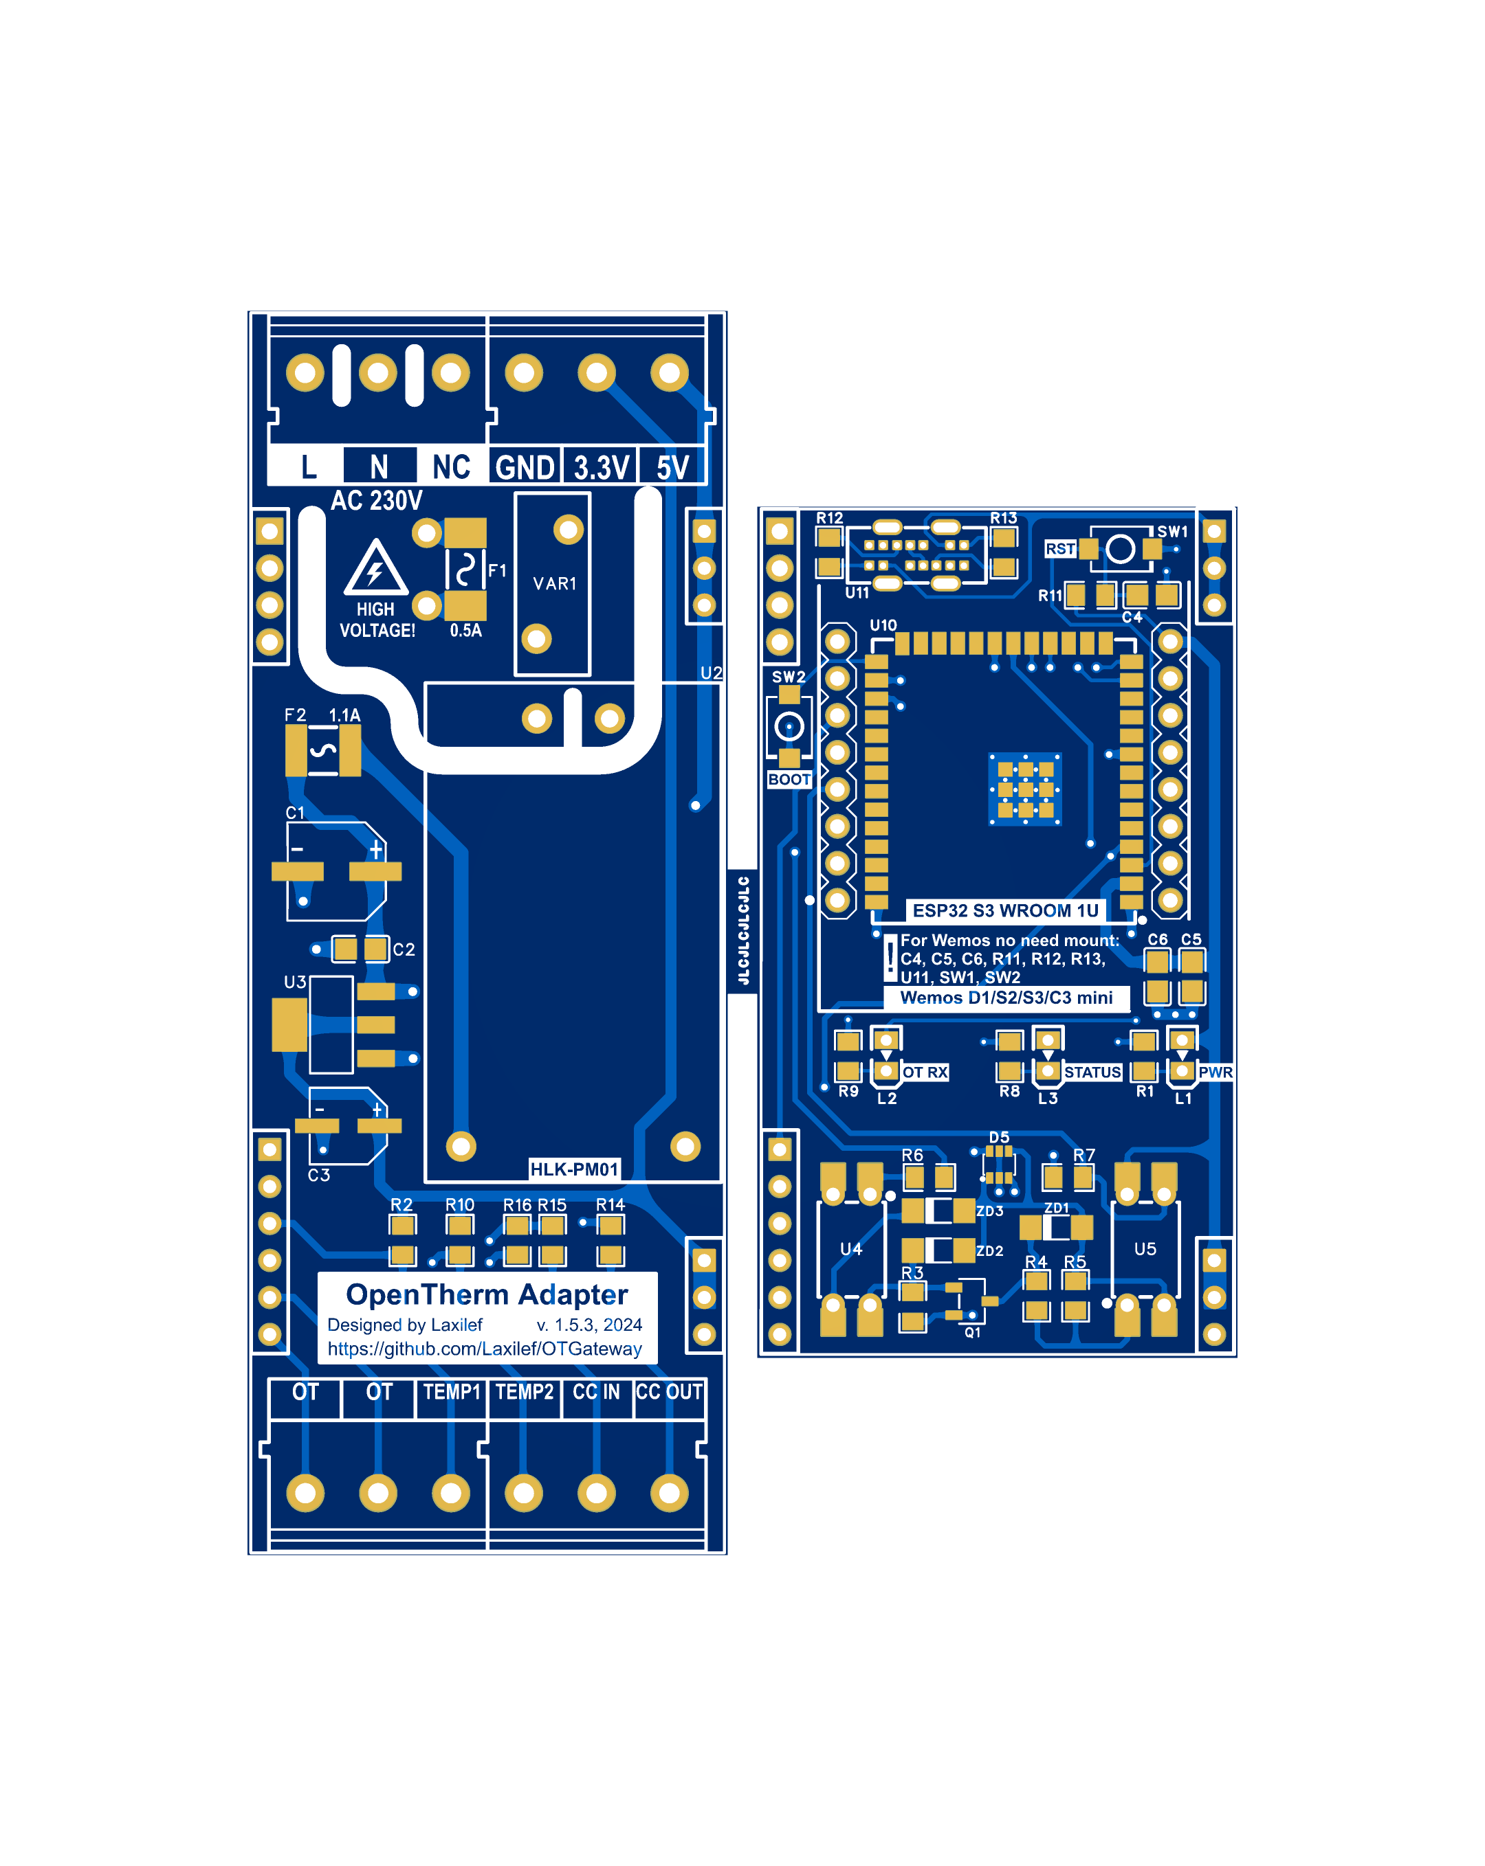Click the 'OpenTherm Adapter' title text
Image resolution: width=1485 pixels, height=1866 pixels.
(x=487, y=1295)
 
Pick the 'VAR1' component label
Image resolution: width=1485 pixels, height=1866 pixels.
(x=554, y=584)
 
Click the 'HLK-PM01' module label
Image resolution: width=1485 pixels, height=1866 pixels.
(x=574, y=1169)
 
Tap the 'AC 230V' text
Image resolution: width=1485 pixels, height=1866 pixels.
(x=377, y=500)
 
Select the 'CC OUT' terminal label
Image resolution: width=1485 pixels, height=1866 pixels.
(x=668, y=1392)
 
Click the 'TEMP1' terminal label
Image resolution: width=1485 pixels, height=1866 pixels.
(x=451, y=1392)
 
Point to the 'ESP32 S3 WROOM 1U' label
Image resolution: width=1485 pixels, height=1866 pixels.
(x=1005, y=910)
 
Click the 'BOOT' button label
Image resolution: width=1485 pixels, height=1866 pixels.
(x=789, y=780)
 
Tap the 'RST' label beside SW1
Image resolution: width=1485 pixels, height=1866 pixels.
(x=1060, y=549)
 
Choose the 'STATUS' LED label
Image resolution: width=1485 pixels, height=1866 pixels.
(x=1092, y=1072)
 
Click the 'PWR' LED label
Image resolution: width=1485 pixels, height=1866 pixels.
(x=1215, y=1072)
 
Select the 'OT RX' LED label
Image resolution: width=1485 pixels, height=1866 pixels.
(x=925, y=1072)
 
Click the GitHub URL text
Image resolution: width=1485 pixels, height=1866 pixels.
(x=485, y=1349)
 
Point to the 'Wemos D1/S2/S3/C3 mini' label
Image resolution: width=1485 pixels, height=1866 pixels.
(x=1006, y=998)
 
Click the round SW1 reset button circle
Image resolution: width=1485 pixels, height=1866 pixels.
(x=1121, y=549)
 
